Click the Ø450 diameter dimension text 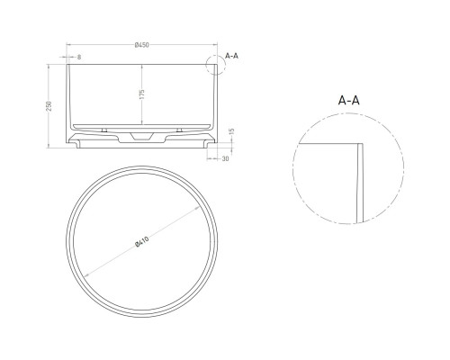[141, 46]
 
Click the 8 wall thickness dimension [80, 58]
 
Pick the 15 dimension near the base [231, 132]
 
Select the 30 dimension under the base [225, 158]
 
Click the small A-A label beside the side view [230, 56]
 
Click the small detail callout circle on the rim [213, 63]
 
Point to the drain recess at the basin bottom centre [142, 135]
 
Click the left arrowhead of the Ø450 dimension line [70, 51]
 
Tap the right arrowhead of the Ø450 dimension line [213, 51]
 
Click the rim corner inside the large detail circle [359, 144]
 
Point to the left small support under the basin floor [104, 130]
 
